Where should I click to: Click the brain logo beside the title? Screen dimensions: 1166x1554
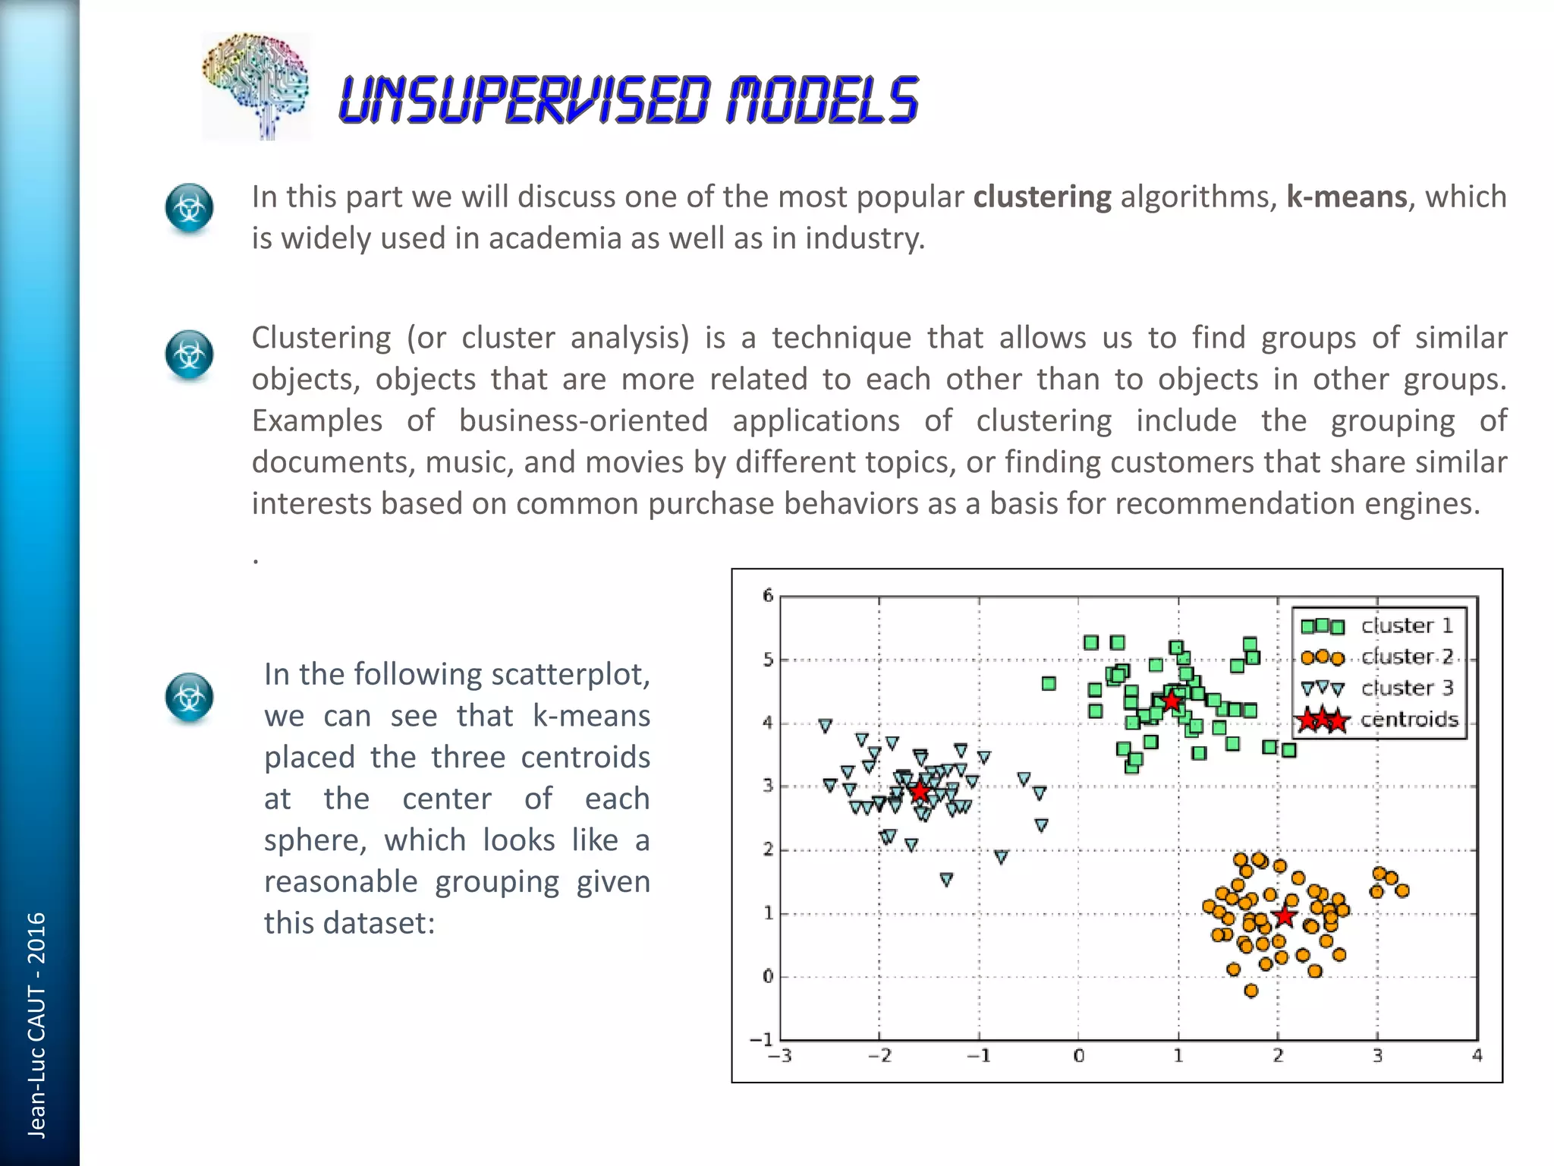[256, 87]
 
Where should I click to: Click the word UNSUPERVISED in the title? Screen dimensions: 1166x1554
[524, 100]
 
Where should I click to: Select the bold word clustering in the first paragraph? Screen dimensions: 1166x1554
[1042, 197]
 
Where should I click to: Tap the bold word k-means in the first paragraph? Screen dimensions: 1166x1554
[1346, 197]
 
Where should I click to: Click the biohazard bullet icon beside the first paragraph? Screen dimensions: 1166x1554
[189, 208]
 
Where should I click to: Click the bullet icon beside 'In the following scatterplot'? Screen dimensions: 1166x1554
[189, 697]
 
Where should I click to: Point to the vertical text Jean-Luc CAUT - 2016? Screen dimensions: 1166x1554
[36, 1025]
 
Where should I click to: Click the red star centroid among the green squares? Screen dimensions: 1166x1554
[1172, 701]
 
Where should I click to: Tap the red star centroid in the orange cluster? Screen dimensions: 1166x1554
[1284, 916]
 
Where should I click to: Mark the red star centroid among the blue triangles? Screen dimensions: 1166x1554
[920, 792]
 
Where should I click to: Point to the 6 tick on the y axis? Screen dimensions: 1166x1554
[768, 595]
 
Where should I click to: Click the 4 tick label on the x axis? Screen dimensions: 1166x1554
[1477, 1056]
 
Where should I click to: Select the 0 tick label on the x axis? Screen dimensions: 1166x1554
[1078, 1056]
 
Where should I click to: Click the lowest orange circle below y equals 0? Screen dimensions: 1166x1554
[1251, 990]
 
